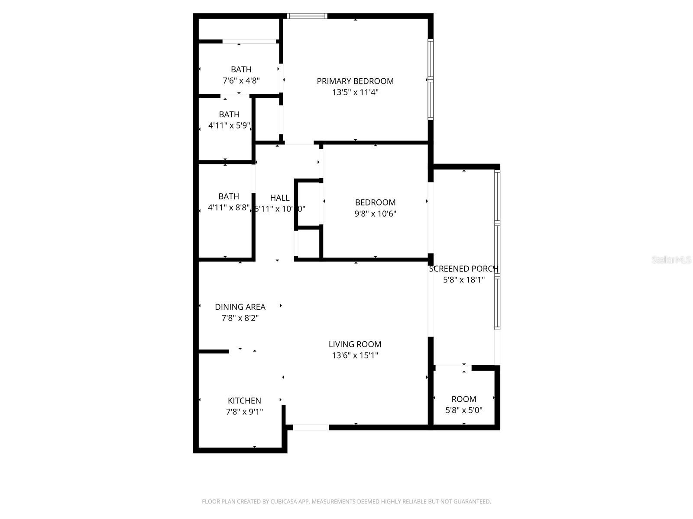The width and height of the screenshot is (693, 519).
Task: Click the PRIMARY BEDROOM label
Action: pos(355,81)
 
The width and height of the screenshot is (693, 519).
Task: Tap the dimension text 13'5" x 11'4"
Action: pos(355,92)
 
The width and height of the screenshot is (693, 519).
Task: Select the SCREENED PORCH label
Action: pos(463,269)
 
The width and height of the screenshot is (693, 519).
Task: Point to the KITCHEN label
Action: pos(244,400)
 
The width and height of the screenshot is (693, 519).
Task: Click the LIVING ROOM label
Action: pos(355,344)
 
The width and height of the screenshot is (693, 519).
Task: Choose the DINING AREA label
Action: pos(240,307)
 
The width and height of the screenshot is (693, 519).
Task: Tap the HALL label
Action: pos(280,198)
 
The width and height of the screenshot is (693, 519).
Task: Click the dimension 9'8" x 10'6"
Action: pos(375,214)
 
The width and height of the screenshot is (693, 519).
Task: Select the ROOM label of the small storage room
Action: pos(463,399)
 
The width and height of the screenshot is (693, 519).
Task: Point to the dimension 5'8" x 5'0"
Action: pos(463,410)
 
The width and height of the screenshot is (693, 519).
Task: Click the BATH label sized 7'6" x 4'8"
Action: pos(241,69)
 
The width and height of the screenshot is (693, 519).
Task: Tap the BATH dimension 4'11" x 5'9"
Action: pos(229,126)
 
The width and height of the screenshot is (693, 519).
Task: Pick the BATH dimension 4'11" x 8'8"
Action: pos(229,208)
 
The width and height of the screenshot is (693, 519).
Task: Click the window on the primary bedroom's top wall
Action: pos(307,16)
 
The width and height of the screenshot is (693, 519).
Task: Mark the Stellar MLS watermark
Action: pos(671,259)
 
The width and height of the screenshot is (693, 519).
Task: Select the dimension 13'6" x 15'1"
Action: pos(355,356)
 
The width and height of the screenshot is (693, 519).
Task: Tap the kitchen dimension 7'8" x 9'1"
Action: pos(244,412)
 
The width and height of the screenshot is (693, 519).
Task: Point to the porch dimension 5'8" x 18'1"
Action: pos(463,280)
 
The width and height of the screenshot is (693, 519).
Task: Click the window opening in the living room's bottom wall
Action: pos(311,427)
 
